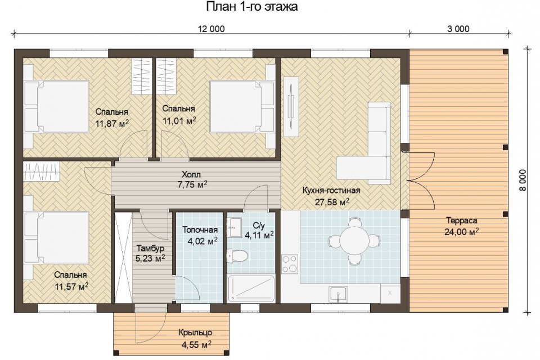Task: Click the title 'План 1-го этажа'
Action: tap(252, 7)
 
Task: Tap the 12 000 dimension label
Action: tap(211, 29)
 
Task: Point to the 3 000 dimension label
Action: tap(458, 29)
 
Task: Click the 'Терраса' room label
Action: tap(461, 220)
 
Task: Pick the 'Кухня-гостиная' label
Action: tap(331, 190)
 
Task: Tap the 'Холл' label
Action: tap(191, 174)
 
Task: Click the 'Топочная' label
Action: tap(200, 229)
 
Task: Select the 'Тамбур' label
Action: tap(150, 248)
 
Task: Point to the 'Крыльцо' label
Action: tap(195, 333)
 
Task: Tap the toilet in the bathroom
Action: tap(237, 256)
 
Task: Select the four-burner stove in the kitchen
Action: tap(290, 264)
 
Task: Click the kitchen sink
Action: tap(338, 294)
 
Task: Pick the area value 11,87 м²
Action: tap(112, 123)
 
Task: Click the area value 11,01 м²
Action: tap(179, 120)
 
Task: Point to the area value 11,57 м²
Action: tap(71, 286)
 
